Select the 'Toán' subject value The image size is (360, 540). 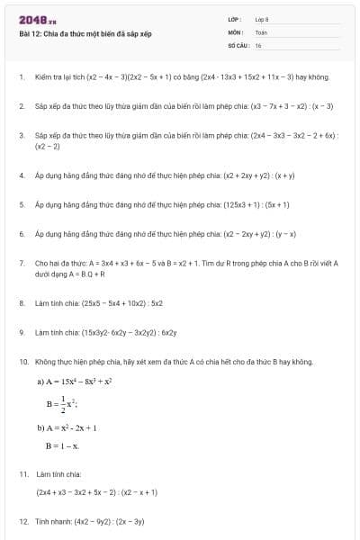pos(261,31)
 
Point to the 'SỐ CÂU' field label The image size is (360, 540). pos(238,44)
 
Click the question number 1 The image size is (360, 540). pos(21,76)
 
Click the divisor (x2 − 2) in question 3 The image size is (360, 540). pos(48,146)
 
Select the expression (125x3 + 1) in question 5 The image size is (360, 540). pos(245,204)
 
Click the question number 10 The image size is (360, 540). pos(22,362)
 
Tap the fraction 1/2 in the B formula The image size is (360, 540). pos(63,404)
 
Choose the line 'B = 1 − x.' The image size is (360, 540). pos(63,445)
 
